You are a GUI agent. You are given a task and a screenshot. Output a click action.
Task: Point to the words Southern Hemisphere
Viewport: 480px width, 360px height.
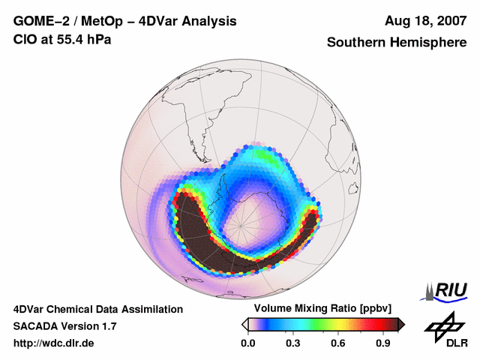pyautogui.click(x=396, y=43)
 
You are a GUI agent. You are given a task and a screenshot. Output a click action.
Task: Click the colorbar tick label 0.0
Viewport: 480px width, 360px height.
pyautogui.click(x=247, y=343)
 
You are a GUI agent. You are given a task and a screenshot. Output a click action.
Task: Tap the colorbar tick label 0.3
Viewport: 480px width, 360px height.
pyautogui.click(x=293, y=343)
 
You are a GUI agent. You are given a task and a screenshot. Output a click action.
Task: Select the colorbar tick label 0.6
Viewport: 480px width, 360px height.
pyautogui.click(x=338, y=343)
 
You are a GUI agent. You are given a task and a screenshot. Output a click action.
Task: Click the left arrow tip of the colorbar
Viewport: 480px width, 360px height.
pyautogui.click(x=244, y=324)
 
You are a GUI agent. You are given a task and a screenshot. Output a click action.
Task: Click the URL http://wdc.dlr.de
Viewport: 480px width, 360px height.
pyautogui.click(x=54, y=343)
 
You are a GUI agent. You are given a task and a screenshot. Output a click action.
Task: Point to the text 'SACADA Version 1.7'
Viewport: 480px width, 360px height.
pyautogui.click(x=64, y=326)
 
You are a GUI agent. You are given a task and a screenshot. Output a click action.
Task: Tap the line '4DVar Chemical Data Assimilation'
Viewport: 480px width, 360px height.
pyautogui.click(x=97, y=309)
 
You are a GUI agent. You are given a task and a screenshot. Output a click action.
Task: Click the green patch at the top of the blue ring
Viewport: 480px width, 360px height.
pyautogui.click(x=262, y=156)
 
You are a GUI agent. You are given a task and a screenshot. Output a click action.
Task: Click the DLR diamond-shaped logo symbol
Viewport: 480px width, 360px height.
pyautogui.click(x=443, y=324)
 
